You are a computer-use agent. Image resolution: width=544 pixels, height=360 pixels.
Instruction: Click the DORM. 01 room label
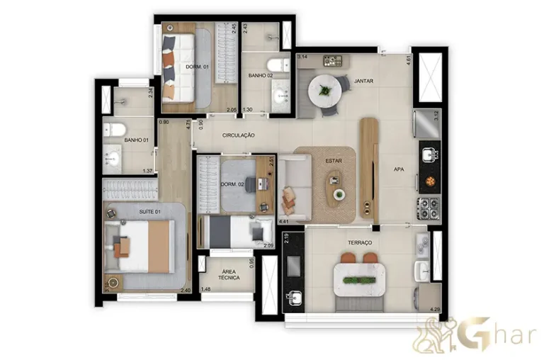point(195,67)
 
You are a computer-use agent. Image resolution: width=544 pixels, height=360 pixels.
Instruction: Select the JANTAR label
point(363,81)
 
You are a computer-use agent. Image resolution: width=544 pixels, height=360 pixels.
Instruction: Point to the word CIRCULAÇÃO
point(238,135)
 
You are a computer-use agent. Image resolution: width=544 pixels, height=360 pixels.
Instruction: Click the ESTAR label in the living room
point(333,162)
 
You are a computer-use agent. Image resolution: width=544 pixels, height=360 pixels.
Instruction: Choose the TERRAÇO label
point(361,242)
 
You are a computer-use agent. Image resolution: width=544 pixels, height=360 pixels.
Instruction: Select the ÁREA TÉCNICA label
point(227,275)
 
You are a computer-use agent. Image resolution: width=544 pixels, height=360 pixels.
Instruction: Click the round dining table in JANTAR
point(325,90)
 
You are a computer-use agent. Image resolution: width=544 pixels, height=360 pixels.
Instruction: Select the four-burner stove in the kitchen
point(429,208)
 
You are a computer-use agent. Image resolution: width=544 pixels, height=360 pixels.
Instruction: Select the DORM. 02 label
point(232,186)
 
